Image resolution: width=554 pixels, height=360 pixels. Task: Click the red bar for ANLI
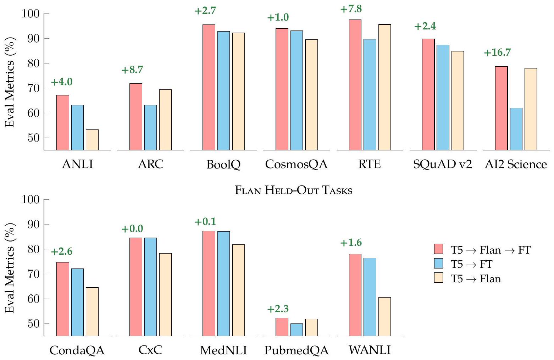point(63,122)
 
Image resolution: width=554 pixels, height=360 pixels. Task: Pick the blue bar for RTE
point(370,94)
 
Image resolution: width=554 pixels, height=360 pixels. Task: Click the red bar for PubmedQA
point(282,327)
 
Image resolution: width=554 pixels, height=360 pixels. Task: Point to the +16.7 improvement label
point(497,52)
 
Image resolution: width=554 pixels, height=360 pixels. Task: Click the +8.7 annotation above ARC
point(132,70)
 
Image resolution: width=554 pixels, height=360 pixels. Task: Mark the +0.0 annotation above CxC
point(132,229)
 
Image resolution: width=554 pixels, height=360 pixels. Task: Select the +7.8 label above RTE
point(351,9)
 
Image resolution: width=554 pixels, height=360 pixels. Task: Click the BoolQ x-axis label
point(223,164)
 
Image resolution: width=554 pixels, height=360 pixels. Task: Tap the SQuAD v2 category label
point(442,164)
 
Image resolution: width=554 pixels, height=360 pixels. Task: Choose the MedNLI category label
point(223,350)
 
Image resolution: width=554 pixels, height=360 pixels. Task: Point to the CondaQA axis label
point(77,350)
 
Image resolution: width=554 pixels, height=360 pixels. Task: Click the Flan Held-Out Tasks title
point(294,190)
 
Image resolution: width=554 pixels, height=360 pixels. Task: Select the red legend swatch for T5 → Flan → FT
point(439,249)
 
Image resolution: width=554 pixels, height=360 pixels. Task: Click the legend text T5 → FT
point(471,264)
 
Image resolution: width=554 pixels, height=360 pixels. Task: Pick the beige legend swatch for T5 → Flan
point(439,278)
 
